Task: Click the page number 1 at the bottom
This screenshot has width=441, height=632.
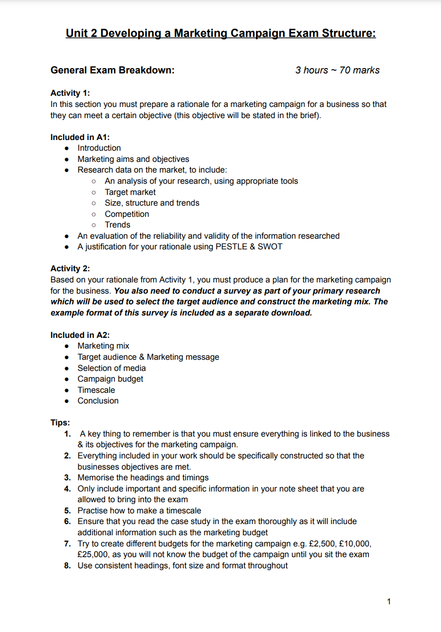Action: pos(388,601)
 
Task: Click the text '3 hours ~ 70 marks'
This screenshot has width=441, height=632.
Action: pos(337,70)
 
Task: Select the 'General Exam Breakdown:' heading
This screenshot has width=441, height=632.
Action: pos(112,70)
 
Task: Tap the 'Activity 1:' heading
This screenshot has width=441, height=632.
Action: pos(70,93)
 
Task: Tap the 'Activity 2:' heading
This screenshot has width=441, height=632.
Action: pos(70,268)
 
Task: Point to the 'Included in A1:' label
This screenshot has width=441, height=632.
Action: pos(80,137)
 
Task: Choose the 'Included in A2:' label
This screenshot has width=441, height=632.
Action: pos(80,335)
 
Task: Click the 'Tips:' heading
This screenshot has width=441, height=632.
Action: pos(60,422)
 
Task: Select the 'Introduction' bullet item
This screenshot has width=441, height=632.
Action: pos(99,148)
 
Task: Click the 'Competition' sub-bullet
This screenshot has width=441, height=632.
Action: pos(127,214)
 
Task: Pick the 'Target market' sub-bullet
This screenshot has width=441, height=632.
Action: pos(130,192)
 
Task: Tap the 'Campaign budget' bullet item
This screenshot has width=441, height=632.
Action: pos(110,379)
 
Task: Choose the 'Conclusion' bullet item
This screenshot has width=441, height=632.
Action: pos(98,401)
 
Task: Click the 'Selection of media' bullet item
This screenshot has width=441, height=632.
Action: pos(111,368)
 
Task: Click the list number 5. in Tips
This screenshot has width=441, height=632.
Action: pos(68,510)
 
